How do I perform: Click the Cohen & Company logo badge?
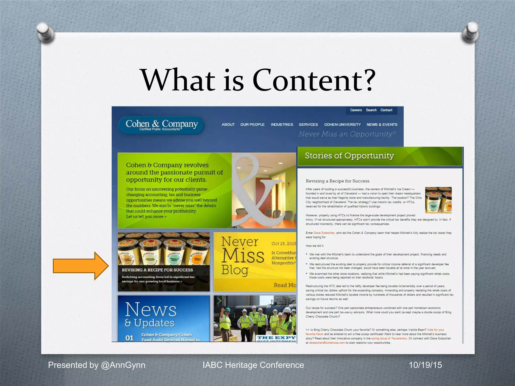[x=161, y=125]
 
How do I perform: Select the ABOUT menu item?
[x=228, y=125]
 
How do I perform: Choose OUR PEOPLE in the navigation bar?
[x=252, y=125]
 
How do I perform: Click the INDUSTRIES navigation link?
[x=282, y=125]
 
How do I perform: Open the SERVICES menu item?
[x=308, y=125]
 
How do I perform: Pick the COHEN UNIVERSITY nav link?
[x=342, y=125]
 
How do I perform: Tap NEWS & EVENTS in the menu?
[x=382, y=125]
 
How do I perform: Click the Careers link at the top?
[x=356, y=110]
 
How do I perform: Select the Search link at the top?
[x=371, y=110]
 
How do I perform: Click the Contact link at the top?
[x=386, y=110]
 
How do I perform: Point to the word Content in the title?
[x=314, y=80]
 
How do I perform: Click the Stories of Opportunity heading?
[x=349, y=156]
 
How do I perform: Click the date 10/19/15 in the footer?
[x=425, y=365]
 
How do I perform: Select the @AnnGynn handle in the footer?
[x=123, y=365]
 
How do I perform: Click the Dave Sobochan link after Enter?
[x=324, y=233]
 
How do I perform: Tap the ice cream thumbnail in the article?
[x=438, y=200]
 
